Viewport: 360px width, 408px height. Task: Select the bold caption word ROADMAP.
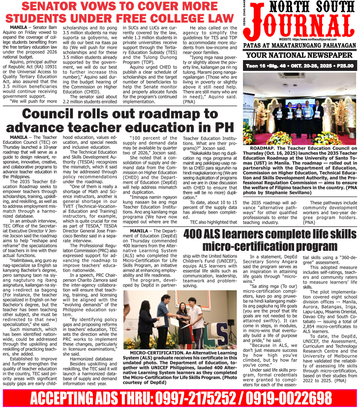[265, 148]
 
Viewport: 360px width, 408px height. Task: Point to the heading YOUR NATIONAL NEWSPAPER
[301, 55]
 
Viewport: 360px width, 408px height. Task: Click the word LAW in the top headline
[217, 19]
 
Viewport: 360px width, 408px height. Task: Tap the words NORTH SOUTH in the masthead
[301, 8]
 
